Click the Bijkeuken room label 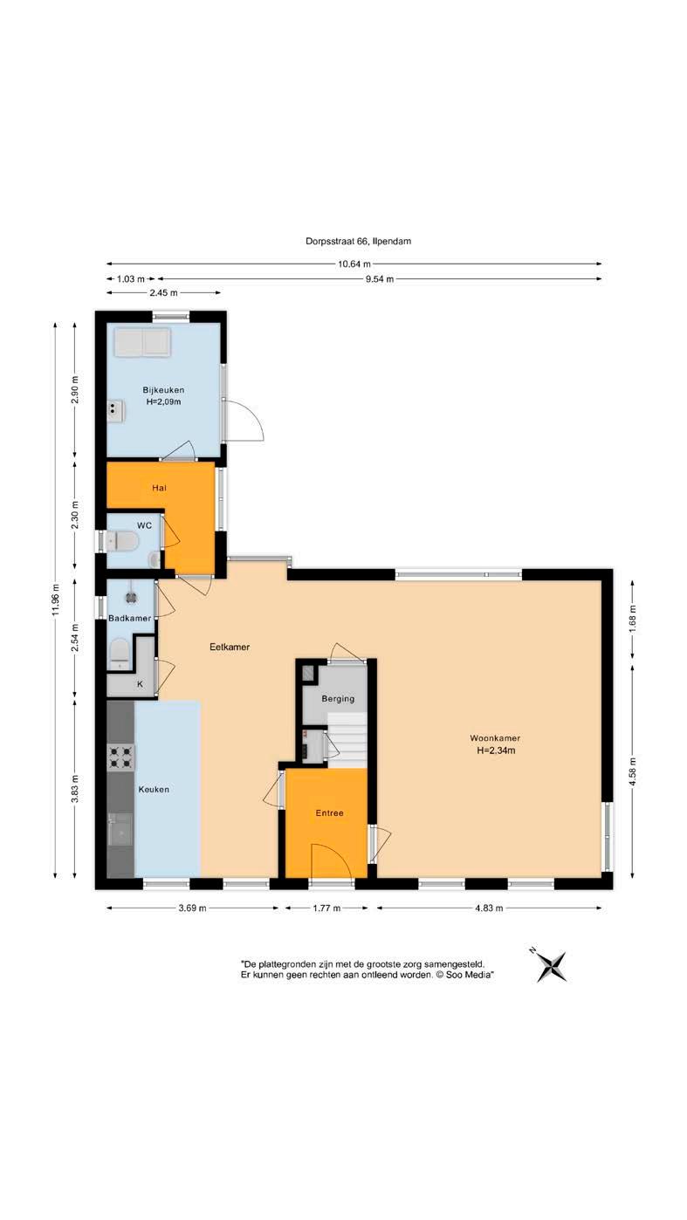pyautogui.click(x=163, y=390)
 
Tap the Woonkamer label pyautogui.click(x=495, y=738)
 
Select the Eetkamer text pyautogui.click(x=230, y=647)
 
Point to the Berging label pyautogui.click(x=338, y=699)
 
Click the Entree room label pyautogui.click(x=329, y=813)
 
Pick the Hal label pyautogui.click(x=159, y=488)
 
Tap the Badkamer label pyautogui.click(x=130, y=618)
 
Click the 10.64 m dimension pyautogui.click(x=354, y=264)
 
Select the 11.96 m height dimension pyautogui.click(x=55, y=600)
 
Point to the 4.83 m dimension pyautogui.click(x=489, y=908)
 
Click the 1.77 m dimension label pyautogui.click(x=326, y=908)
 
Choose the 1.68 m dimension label pyautogui.click(x=632, y=620)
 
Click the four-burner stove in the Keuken pyautogui.click(x=120, y=757)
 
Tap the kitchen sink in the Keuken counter pyautogui.click(x=120, y=829)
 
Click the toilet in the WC pyautogui.click(x=121, y=541)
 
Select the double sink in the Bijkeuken pyautogui.click(x=142, y=342)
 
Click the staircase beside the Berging pyautogui.click(x=347, y=740)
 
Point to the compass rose pyautogui.click(x=551, y=966)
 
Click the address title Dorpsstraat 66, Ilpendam pyautogui.click(x=358, y=241)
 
